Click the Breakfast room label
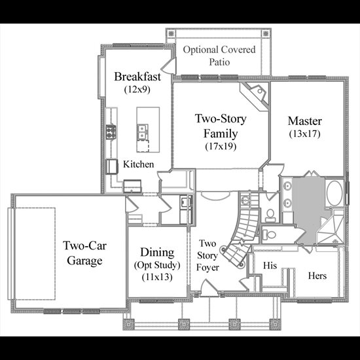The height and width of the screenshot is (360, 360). point(137,77)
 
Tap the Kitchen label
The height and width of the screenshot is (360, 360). point(139,164)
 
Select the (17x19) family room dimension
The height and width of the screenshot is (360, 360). point(221,146)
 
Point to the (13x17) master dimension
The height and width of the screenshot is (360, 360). point(304,134)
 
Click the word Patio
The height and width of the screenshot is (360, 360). point(219,62)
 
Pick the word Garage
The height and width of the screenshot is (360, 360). point(84,261)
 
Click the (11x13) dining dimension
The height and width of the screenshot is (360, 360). point(157,277)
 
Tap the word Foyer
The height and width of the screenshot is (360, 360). point(207,268)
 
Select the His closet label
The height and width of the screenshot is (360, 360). point(270,265)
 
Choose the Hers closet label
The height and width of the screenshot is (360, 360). point(317,276)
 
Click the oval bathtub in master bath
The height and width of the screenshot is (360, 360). point(334,193)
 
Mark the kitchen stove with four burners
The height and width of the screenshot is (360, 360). point(111,132)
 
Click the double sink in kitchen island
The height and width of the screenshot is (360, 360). point(142,132)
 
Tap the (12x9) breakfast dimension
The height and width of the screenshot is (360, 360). point(137,89)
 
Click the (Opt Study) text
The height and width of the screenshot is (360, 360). point(157,265)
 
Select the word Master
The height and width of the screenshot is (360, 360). point(304,121)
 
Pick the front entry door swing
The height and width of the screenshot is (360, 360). point(208,287)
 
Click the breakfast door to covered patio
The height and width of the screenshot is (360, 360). point(168,66)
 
